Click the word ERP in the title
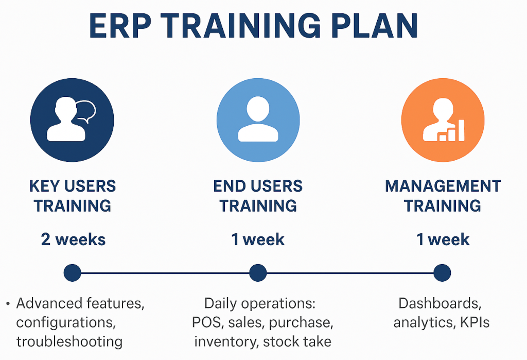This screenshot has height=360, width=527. click(120, 26)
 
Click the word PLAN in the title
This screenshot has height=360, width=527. click(375, 26)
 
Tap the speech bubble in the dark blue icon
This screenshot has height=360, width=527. click(86, 111)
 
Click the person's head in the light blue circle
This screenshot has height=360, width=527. click(258, 109)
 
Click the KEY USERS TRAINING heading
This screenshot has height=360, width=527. click(72, 196)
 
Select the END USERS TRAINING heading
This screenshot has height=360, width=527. click(258, 196)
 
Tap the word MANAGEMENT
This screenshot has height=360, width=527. click(443, 186)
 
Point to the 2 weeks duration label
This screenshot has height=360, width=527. click(73, 239)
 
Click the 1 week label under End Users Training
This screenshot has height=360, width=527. click(258, 239)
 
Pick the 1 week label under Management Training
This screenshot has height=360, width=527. click(443, 239)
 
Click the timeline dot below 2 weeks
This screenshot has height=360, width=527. click(72, 272)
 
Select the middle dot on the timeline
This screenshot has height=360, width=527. click(258, 272)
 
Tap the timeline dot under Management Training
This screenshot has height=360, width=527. click(442, 272)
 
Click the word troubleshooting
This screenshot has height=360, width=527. click(69, 342)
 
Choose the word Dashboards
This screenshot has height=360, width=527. click(440, 303)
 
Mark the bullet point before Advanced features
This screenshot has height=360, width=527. click(8, 304)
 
